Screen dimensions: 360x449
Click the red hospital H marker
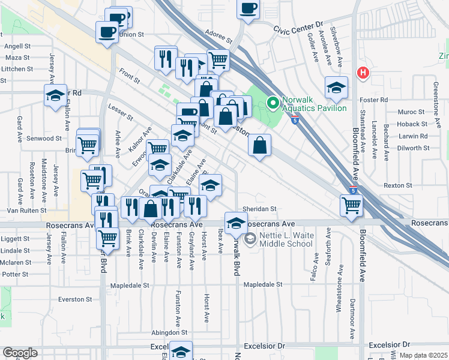point(363,73)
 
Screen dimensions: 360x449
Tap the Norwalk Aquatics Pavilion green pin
point(273,103)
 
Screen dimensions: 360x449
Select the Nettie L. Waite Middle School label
point(287,239)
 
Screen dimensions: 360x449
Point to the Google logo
point(19,353)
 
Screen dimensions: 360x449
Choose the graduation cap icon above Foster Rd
point(336,88)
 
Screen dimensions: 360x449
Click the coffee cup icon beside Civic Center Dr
point(248,9)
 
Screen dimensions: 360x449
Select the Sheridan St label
point(259,209)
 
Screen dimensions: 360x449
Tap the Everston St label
point(75,299)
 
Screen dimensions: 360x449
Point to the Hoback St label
point(412,124)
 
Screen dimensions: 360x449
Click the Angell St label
point(17,46)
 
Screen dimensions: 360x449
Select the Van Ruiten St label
point(26,211)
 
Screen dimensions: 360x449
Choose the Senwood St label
point(46,138)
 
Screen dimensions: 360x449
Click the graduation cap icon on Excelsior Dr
point(181,351)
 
